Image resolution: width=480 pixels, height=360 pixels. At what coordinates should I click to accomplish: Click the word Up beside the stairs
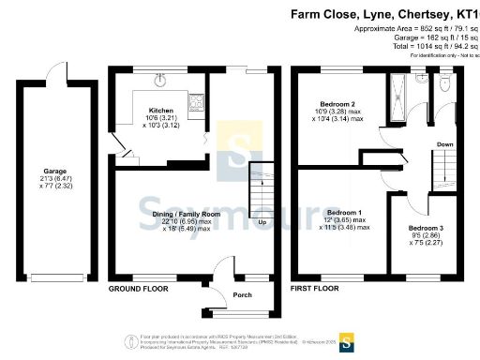(262, 222)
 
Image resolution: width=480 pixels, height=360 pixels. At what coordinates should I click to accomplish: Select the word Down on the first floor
(446, 144)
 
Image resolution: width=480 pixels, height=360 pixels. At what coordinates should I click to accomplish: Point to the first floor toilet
(443, 83)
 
